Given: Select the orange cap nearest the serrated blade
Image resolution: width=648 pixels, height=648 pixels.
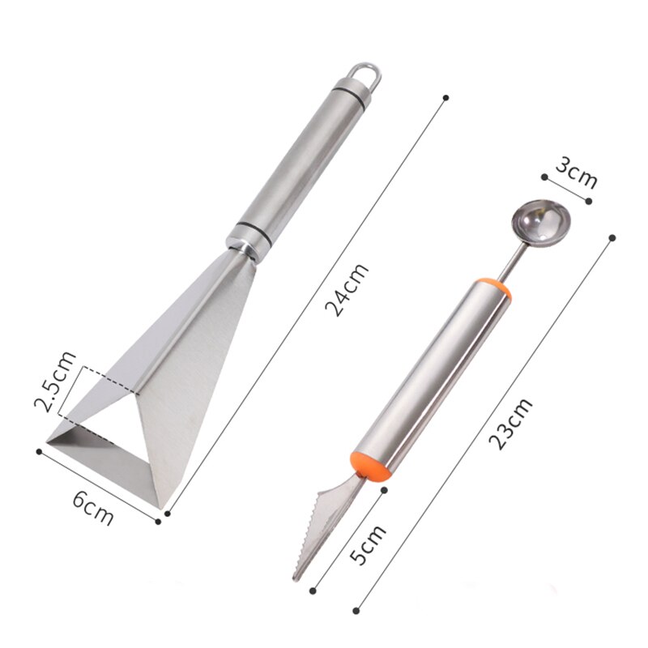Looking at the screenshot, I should (370, 465).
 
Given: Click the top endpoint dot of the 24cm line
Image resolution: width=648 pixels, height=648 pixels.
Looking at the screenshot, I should (445, 98).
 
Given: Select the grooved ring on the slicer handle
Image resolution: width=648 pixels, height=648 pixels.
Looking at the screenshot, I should (248, 230).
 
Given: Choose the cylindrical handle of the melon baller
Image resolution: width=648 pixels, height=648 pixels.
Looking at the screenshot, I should (433, 377).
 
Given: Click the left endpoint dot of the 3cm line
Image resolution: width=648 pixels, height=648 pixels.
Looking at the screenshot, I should (544, 175).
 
